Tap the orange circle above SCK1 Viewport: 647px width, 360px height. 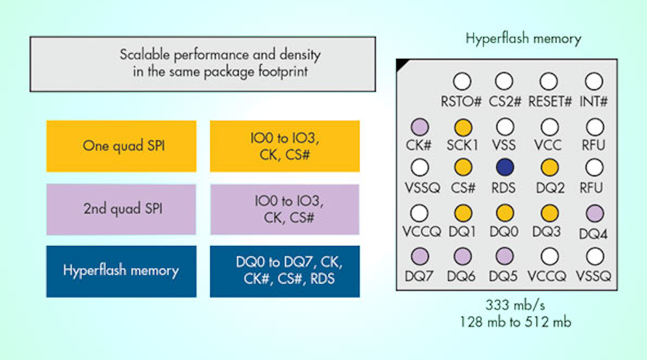[x=463, y=126]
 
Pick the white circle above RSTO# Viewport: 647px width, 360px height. [x=463, y=82]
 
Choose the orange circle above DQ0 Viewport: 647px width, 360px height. [x=505, y=212]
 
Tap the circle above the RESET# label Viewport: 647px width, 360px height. [x=549, y=82]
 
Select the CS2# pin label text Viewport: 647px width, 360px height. [x=505, y=101]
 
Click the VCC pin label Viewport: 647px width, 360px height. [x=549, y=145]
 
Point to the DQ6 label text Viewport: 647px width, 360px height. [x=463, y=276]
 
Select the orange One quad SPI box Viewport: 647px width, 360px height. [x=122, y=146]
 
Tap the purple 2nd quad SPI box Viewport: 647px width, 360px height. [x=122, y=209]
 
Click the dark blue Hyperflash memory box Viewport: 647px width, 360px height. [x=122, y=271]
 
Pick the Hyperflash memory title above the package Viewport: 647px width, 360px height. [x=523, y=39]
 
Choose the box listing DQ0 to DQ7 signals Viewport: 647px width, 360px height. [x=285, y=271]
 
